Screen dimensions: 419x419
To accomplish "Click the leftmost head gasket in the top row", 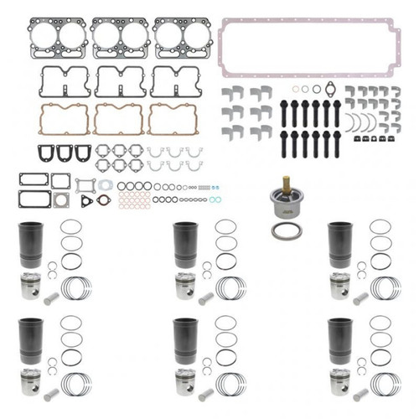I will (59, 38).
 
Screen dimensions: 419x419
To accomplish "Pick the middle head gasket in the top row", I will (121, 38).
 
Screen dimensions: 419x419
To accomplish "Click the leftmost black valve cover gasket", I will (62, 81).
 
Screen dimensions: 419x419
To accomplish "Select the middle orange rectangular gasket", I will (118, 119).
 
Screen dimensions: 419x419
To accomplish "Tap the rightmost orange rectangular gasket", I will (173, 119).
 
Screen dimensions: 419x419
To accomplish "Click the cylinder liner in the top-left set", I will (31, 245).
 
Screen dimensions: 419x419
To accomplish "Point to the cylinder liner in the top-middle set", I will (185, 245).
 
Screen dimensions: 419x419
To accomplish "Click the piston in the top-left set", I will (32, 286).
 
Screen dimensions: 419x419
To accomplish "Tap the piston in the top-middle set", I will (185, 286).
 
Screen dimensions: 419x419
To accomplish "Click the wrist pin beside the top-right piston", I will (361, 298).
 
